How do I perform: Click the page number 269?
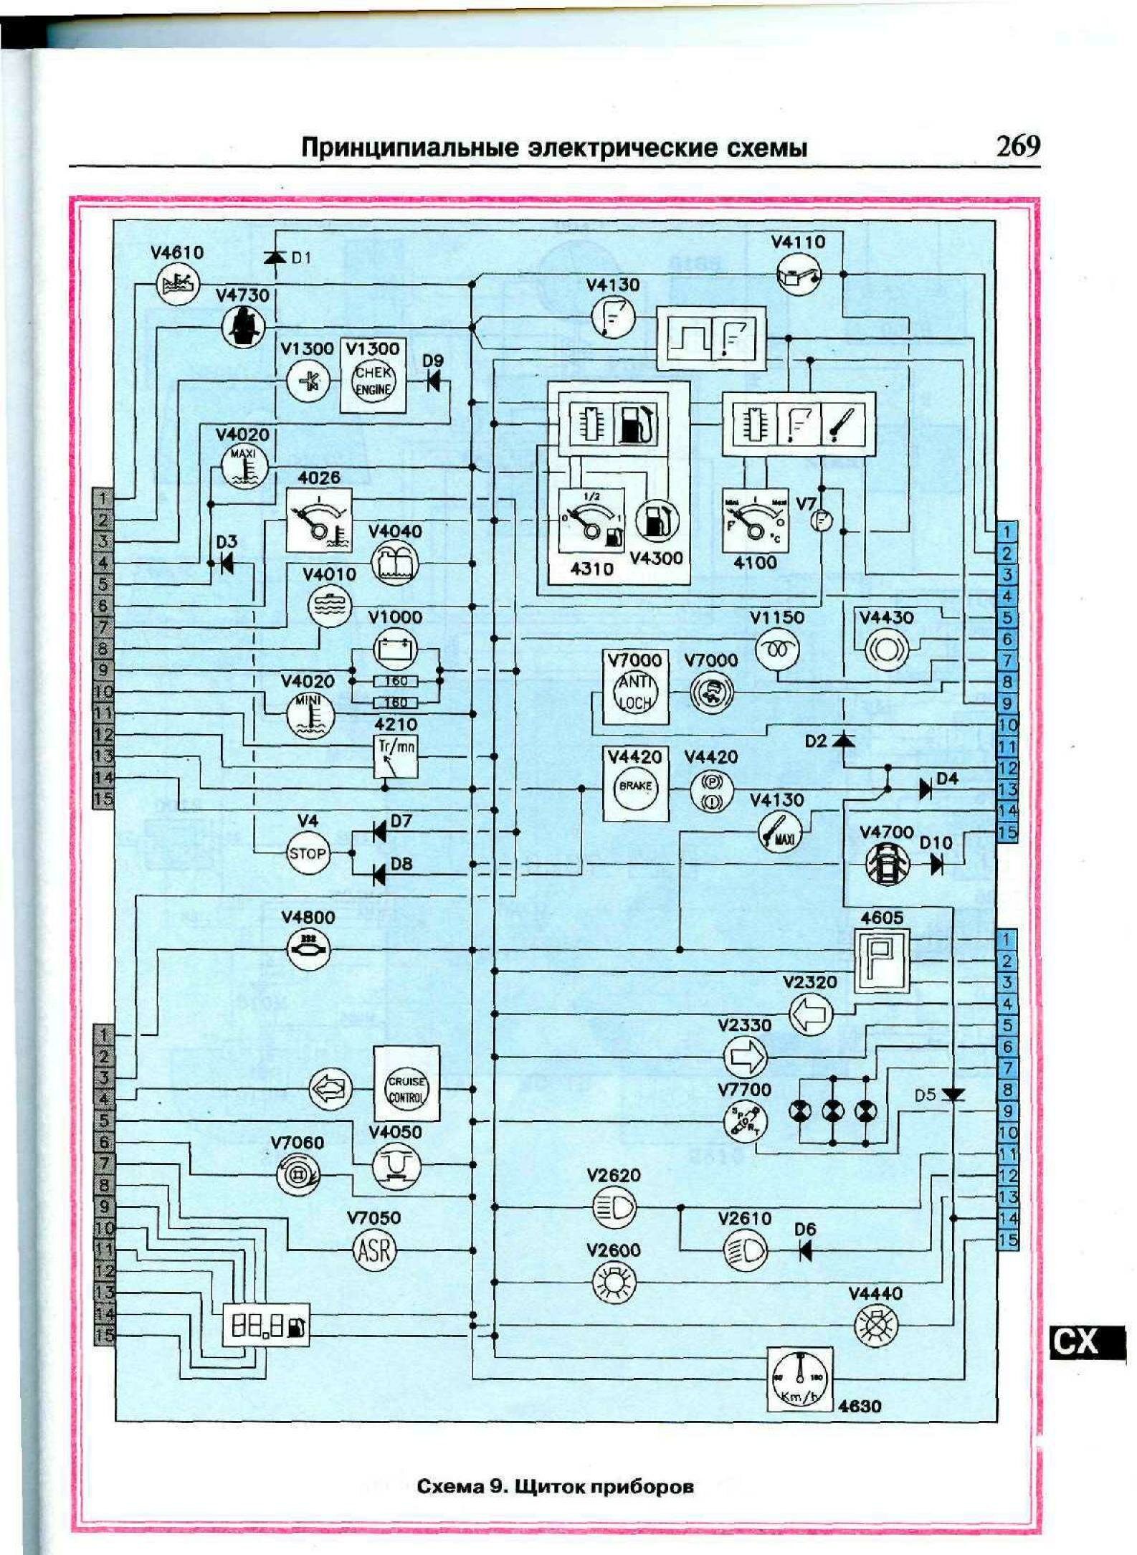point(1017,146)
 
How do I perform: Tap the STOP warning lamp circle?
point(308,853)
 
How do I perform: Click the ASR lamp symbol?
point(374,1251)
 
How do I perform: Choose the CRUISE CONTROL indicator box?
point(406,1090)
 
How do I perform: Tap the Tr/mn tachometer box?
point(396,756)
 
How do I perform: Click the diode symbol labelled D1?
point(275,257)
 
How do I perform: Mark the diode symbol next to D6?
point(805,1251)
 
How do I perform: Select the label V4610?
point(177,252)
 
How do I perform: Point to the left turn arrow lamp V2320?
point(811,1014)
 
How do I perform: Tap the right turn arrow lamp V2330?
point(746,1057)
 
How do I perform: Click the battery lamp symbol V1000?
point(395,650)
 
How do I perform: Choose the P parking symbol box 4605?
point(881,961)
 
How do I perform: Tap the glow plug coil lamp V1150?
point(778,650)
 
